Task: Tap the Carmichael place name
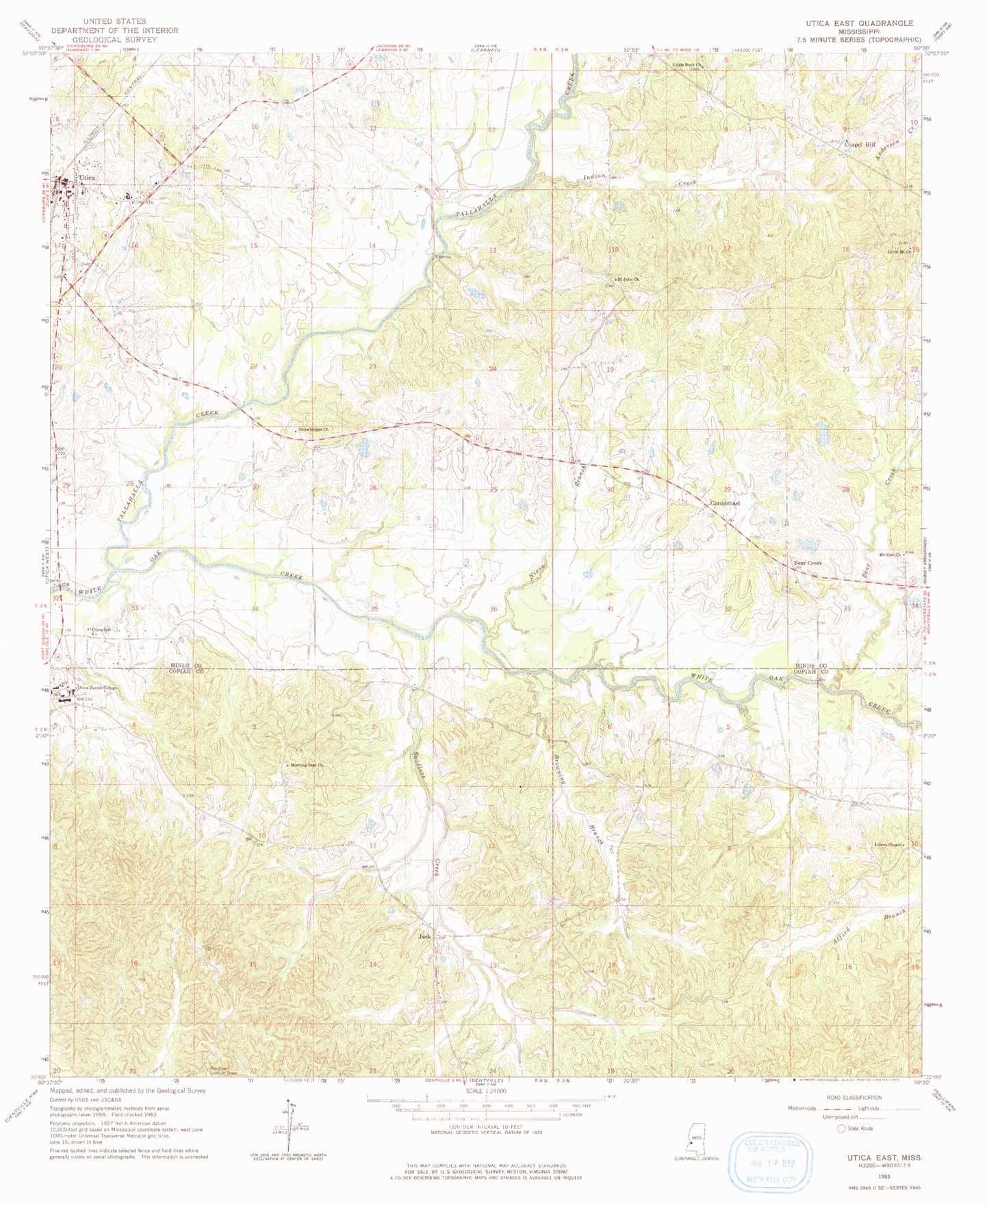coord(725,503)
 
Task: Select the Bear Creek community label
coord(807,563)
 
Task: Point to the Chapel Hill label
coord(860,145)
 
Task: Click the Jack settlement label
coord(424,935)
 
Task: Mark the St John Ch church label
coord(627,279)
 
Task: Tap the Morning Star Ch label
coord(305,766)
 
